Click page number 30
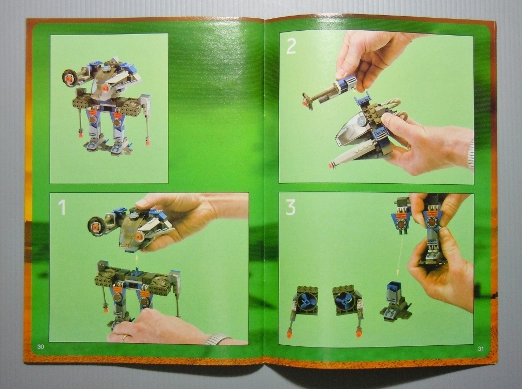40,347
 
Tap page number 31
481,348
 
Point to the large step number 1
62,207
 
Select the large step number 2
291,46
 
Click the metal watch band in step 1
218,339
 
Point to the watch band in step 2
470,155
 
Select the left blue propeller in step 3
306,301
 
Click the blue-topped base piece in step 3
395,301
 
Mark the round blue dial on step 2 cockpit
362,119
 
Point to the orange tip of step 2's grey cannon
330,165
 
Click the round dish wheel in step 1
96,227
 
